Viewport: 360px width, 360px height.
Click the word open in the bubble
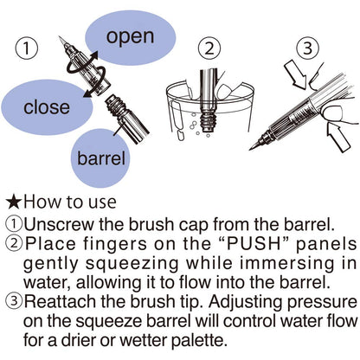pyautogui.click(x=130, y=36)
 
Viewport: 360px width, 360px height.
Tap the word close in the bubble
pyautogui.click(x=47, y=106)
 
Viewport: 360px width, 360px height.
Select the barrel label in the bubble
pyautogui.click(x=101, y=158)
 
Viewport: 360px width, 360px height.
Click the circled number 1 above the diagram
pyautogui.click(x=26, y=48)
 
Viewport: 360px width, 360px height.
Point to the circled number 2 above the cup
pyautogui.click(x=209, y=48)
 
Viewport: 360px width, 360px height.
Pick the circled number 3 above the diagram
pyautogui.click(x=307, y=48)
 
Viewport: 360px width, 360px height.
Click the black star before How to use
pyautogui.click(x=14, y=202)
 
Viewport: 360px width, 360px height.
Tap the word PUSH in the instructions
pyautogui.click(x=254, y=244)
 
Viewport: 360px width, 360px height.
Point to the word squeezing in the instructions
pyautogui.click(x=132, y=264)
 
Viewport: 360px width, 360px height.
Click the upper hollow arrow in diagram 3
pyautogui.click(x=295, y=74)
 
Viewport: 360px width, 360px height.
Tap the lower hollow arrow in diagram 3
pyautogui.click(x=337, y=136)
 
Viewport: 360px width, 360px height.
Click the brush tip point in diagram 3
pyautogui.click(x=250, y=149)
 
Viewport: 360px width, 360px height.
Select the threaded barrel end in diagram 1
pyautogui.click(x=114, y=106)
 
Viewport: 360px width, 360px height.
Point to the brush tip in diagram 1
pyautogui.click(x=62, y=42)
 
